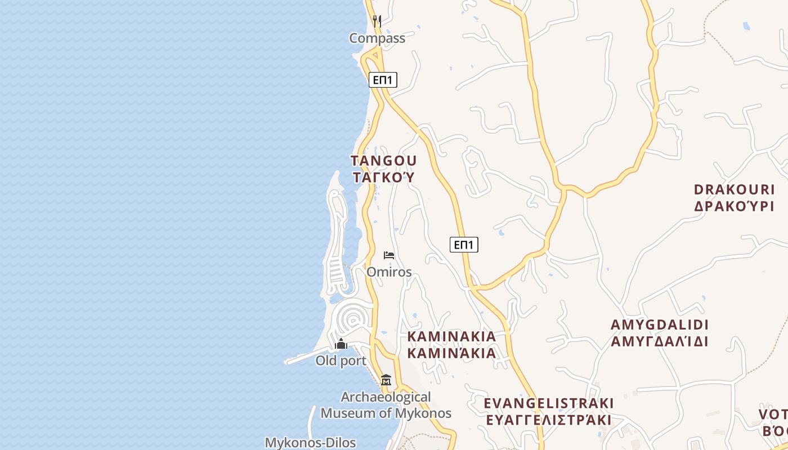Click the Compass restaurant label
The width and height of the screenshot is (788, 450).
click(377, 38)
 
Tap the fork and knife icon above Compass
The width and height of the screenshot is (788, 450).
click(377, 21)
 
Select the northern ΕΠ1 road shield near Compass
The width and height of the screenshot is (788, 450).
click(383, 80)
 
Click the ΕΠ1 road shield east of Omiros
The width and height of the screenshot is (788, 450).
click(464, 244)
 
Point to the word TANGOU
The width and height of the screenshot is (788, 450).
click(384, 161)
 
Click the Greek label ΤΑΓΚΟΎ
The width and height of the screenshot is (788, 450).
click(384, 178)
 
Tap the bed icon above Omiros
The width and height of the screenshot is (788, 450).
click(388, 255)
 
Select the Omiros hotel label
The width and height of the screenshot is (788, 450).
click(389, 272)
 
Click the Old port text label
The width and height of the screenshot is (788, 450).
click(341, 361)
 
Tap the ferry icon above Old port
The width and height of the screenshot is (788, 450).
click(341, 344)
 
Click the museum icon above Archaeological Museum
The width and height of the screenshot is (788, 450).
click(386, 380)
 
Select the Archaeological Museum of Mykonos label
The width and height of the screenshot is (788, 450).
click(386, 405)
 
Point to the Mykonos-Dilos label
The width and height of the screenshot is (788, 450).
click(310, 443)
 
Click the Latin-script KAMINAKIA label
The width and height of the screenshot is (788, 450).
click(451, 336)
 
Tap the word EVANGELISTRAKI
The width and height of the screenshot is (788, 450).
click(549, 403)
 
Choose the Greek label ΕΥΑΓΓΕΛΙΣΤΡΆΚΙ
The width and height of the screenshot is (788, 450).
click(549, 420)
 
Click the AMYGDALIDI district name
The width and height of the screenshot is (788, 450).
click(660, 325)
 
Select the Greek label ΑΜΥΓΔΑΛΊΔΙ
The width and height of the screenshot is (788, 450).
click(660, 341)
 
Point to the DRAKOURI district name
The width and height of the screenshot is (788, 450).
click(734, 189)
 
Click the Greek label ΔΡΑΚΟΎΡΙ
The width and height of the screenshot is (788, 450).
click(734, 206)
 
